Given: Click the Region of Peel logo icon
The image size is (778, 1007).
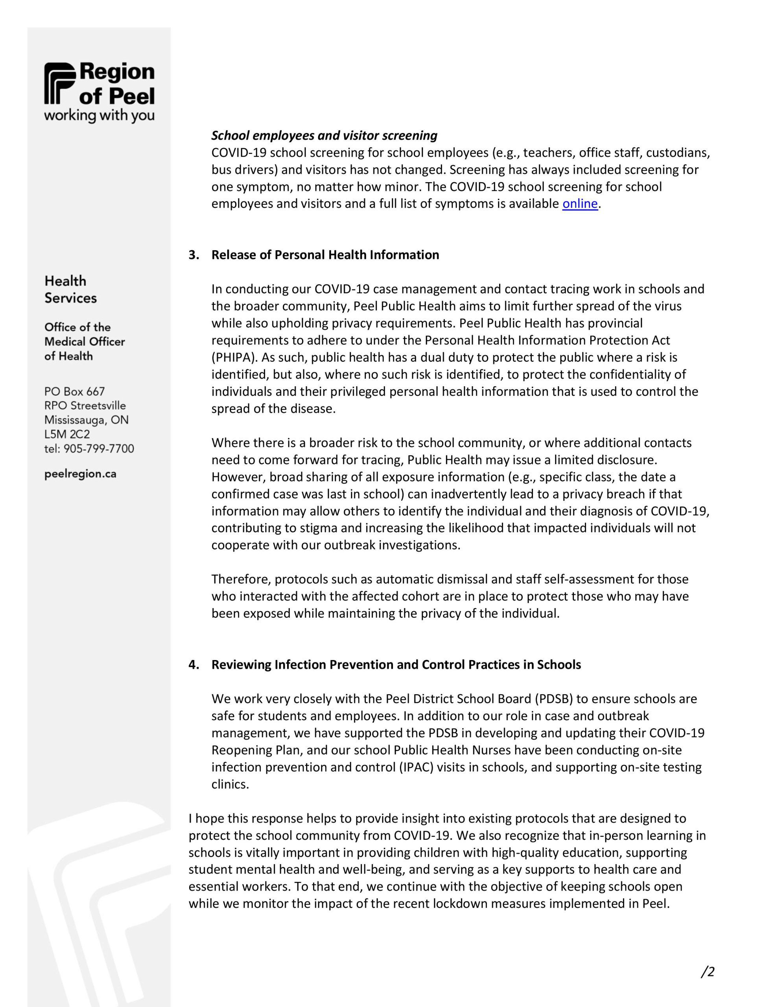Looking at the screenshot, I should [59, 83].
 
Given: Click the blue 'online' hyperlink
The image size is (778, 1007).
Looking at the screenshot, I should [580, 204].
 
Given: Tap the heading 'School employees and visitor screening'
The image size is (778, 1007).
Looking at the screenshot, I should [324, 136].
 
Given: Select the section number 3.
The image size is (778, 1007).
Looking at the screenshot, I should [193, 255].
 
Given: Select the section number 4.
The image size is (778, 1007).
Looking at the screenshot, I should [193, 664].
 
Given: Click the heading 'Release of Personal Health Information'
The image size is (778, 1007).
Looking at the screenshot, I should [325, 255].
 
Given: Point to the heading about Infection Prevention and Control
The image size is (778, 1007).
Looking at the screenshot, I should [396, 664].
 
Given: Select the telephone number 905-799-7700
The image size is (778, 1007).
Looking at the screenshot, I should [99, 449].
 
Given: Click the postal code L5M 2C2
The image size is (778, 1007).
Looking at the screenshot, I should [67, 434].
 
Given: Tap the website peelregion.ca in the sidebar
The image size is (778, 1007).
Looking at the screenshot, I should [80, 474].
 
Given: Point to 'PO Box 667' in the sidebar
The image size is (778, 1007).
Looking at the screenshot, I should [75, 391].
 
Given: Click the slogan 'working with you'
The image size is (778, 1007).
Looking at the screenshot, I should [99, 115].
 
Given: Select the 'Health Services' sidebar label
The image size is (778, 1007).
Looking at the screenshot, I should [70, 290].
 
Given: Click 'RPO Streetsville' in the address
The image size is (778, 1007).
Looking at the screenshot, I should [85, 406].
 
